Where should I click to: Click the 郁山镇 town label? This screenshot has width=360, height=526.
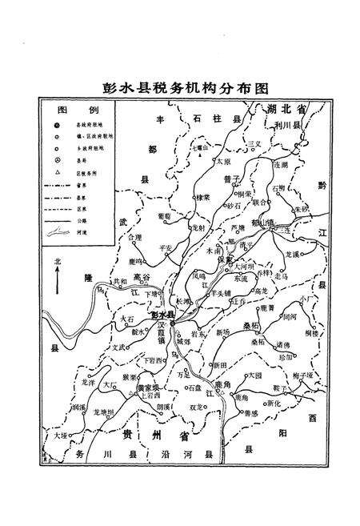point(260,216)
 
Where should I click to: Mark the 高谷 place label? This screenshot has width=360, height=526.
point(142,277)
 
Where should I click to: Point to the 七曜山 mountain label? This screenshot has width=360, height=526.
point(200,147)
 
